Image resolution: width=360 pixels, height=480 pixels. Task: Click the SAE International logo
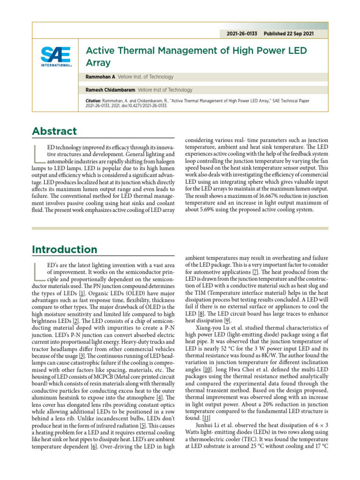(56, 57)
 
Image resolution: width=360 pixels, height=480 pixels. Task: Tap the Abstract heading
(54, 131)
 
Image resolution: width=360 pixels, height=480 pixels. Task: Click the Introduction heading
(65, 249)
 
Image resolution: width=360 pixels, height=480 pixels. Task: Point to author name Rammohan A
(101, 77)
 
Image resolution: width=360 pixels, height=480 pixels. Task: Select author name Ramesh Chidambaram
(108, 90)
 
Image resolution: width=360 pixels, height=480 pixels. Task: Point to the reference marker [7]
(255, 272)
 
